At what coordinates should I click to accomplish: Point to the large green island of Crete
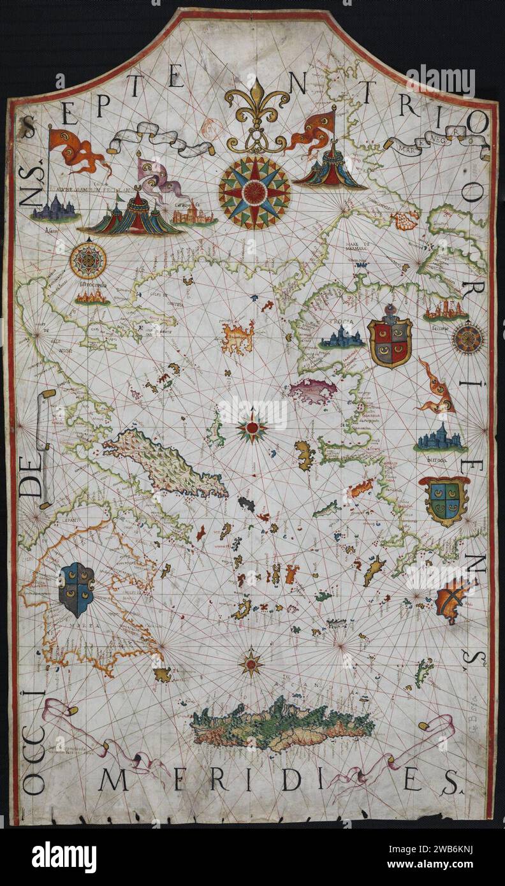click(x=282, y=724)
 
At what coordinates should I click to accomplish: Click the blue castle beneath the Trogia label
click(x=342, y=338)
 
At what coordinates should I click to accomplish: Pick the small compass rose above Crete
click(x=251, y=663)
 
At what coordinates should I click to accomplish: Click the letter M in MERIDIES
click(x=113, y=779)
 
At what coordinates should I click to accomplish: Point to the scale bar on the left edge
click(x=45, y=449)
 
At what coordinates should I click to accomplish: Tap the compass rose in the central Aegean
click(x=253, y=427)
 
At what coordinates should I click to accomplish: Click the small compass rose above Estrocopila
click(x=88, y=260)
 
